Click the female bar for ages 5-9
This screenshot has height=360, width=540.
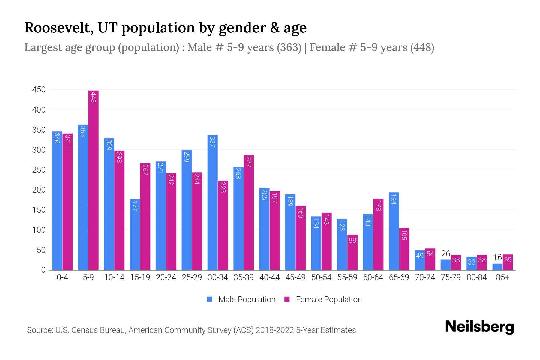[x=94, y=180]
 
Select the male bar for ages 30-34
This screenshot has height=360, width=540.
[x=212, y=202]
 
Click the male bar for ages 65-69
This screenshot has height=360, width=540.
[x=394, y=231]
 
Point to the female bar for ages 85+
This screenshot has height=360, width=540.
[x=508, y=262]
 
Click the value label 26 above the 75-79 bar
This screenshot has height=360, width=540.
[x=445, y=254]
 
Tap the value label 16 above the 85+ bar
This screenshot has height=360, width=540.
[x=497, y=257]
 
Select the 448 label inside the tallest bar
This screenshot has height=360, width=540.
[x=94, y=97]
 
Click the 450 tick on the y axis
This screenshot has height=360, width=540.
[x=39, y=90]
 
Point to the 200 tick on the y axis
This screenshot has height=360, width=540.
[x=39, y=190]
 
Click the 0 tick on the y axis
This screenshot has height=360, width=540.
[x=43, y=270]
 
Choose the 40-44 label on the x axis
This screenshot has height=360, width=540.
[x=269, y=277]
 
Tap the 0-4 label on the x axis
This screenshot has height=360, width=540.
[x=62, y=277]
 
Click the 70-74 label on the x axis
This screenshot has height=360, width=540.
[x=425, y=277]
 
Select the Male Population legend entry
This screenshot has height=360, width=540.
[x=247, y=299]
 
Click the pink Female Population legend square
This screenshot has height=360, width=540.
[x=287, y=299]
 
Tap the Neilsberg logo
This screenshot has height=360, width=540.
[x=479, y=327]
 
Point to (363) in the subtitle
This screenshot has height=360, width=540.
[x=289, y=47]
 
